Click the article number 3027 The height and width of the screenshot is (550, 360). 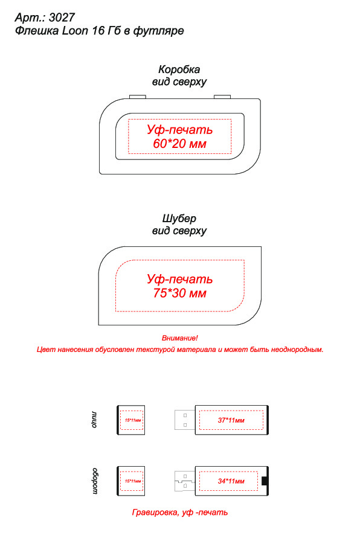(62, 18)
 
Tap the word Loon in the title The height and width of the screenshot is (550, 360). (75, 31)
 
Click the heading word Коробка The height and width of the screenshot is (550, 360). (179, 69)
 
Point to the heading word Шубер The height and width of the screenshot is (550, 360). (179, 219)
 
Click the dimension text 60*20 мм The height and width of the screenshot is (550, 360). (179, 144)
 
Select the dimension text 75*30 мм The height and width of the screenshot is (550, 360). (179, 293)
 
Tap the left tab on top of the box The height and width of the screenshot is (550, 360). (138, 97)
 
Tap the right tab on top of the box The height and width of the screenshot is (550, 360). (222, 97)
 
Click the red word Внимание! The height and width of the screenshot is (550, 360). (179, 338)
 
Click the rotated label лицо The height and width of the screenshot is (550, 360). (94, 420)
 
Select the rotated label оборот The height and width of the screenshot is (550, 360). (95, 481)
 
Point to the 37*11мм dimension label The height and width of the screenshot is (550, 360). (231, 420)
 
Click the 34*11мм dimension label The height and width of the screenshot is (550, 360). (231, 481)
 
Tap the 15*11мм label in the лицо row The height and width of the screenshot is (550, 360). (133, 420)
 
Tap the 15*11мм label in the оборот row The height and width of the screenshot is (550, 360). (133, 481)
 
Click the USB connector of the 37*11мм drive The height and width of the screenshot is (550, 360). (185, 420)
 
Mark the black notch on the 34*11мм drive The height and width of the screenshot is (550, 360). (265, 481)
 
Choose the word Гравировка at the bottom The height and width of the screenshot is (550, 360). (155, 513)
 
